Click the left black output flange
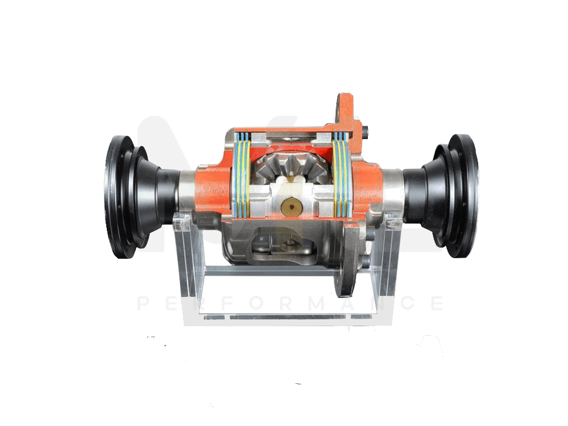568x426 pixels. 120,197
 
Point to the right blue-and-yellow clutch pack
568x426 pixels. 340,173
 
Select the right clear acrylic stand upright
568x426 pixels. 388,258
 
